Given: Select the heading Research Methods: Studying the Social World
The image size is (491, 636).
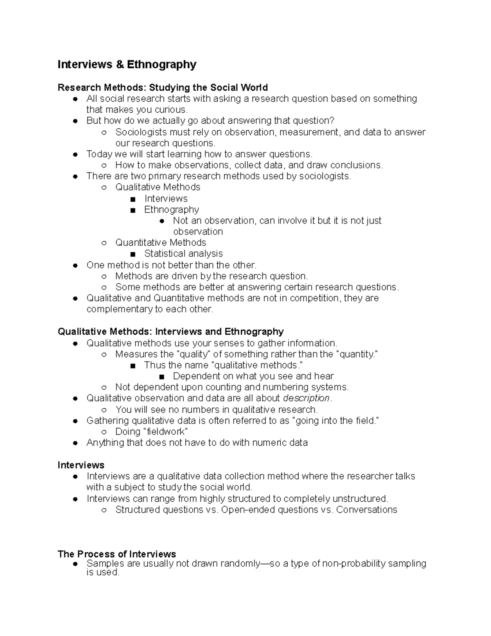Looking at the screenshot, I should coord(162,88).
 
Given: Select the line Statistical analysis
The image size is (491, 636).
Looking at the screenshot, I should coord(183,254).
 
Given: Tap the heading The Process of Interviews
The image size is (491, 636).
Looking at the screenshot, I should coord(117,554).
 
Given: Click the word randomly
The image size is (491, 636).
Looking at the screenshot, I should coord(239,564).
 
